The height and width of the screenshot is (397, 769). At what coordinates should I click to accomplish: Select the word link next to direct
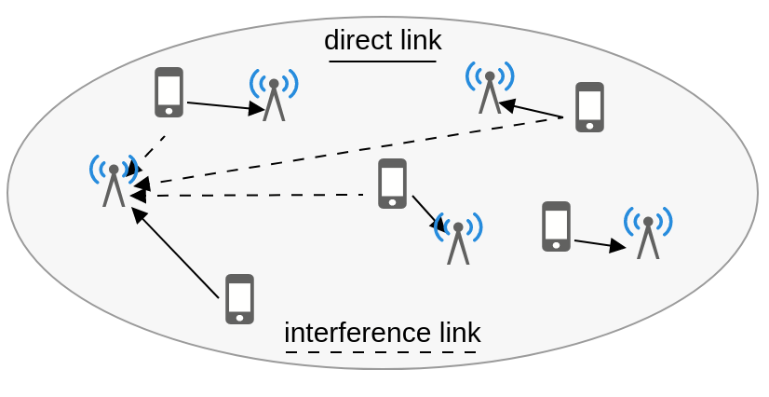pos(422,40)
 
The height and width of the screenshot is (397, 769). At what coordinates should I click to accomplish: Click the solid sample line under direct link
pos(383,62)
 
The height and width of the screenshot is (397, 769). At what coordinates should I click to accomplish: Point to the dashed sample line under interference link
pos(381,352)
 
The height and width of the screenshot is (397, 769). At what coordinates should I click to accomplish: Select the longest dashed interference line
pos(347,152)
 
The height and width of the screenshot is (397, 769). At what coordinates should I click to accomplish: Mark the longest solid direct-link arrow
pos(175,253)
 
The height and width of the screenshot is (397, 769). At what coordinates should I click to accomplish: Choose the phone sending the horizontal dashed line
pos(392,183)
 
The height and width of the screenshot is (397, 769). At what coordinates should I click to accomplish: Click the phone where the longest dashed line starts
pos(589,107)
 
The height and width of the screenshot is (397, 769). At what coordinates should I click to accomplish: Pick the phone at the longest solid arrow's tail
pos(240,299)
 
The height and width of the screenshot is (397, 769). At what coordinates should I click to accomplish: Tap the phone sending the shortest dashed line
pos(169,92)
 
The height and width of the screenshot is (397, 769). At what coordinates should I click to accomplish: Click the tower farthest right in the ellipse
pos(648,233)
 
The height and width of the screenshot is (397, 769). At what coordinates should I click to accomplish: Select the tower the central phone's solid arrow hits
pos(458,239)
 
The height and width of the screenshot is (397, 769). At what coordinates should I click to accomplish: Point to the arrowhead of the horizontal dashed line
pos(139,196)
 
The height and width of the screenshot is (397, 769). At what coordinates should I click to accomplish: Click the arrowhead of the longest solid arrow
pos(140,215)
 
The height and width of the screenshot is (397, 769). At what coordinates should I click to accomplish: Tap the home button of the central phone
pos(392,201)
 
